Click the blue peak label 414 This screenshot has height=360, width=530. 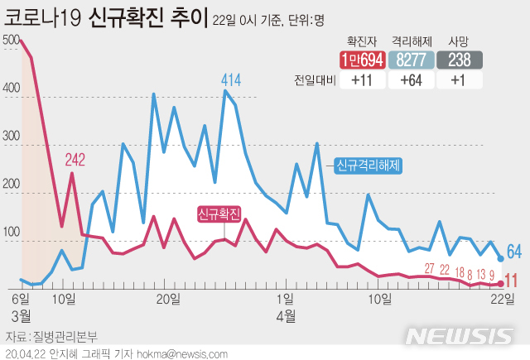[231, 80]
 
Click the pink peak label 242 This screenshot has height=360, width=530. [75, 161]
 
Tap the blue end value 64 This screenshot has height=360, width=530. [513, 251]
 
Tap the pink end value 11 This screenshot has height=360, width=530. [512, 280]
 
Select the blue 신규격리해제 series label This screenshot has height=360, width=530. [369, 165]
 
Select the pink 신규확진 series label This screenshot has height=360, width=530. [219, 214]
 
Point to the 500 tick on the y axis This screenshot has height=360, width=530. [12, 41]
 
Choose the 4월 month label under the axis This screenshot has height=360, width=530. [286, 315]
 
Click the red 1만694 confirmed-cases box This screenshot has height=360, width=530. [363, 60]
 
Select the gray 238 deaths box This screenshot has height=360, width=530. [461, 60]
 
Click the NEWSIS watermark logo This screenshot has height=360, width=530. [459, 336]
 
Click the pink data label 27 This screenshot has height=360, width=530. [429, 268]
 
